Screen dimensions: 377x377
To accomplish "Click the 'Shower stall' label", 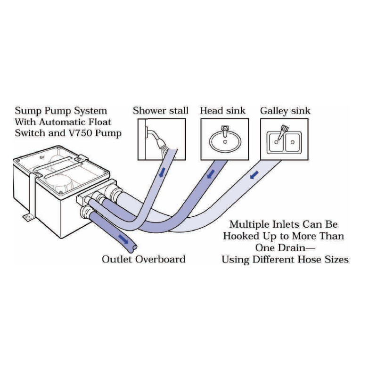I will tap(160, 111).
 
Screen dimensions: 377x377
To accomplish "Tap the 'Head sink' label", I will tap(223, 111).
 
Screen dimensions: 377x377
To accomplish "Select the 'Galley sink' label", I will tap(285, 111).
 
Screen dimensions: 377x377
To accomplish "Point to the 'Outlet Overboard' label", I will tap(143, 259).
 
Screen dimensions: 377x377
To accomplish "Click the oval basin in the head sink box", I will tap(223, 140).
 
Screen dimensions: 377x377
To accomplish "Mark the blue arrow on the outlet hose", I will tap(124, 239).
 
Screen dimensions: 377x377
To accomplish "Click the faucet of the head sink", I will tap(224, 128).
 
